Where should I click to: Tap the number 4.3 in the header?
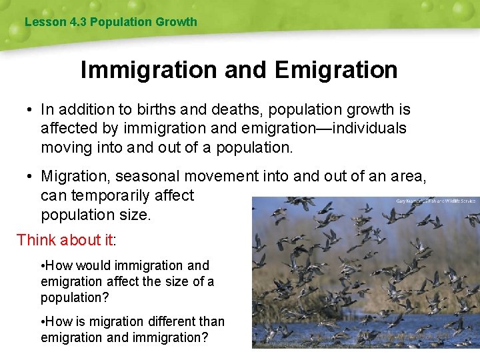pyautogui.click(x=78, y=22)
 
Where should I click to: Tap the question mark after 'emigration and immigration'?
pyautogui.click(x=205, y=338)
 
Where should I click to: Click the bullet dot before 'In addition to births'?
pyautogui.click(x=30, y=109)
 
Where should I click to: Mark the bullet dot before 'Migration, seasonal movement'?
pyautogui.click(x=30, y=176)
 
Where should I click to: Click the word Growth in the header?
pyautogui.click(x=177, y=22)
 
